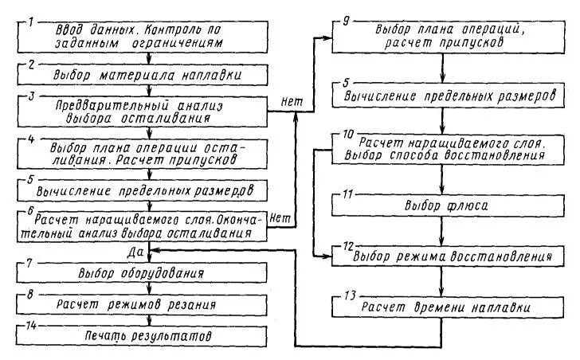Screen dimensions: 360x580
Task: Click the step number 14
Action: pos(30,324)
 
